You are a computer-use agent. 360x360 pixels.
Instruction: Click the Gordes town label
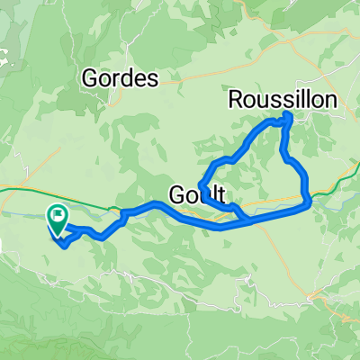coord(120,78)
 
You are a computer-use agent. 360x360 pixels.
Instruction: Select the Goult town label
coord(195,193)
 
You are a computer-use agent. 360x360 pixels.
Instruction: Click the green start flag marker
coord(58,219)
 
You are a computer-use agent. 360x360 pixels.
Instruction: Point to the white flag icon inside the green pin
coord(59,214)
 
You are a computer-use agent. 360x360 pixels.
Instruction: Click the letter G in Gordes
coord(90,78)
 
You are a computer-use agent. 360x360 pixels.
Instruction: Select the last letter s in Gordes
coord(153,78)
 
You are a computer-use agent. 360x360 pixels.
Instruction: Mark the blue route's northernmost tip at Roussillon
coord(289,116)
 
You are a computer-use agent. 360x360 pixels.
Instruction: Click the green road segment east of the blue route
coord(333,184)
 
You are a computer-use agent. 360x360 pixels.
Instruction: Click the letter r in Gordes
coord(116,79)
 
